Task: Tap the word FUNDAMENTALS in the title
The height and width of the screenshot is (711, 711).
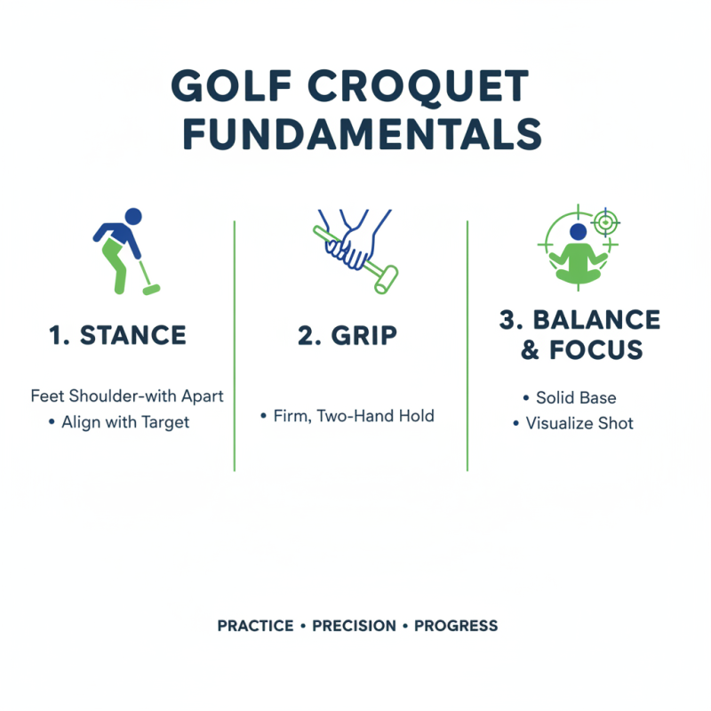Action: [x=355, y=133]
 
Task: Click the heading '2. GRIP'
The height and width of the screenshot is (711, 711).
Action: [x=348, y=335]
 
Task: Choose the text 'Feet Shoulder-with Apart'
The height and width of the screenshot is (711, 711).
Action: [x=127, y=395]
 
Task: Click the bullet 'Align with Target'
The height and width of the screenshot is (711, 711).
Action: [x=125, y=422]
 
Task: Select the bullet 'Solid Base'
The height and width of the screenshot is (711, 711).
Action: [x=576, y=397]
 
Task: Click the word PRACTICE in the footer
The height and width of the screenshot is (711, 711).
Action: [x=255, y=626]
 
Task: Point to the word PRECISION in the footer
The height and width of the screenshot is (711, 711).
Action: [x=354, y=626]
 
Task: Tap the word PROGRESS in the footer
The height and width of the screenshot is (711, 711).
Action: [x=456, y=626]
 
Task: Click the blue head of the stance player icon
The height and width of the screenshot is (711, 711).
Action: [x=133, y=216]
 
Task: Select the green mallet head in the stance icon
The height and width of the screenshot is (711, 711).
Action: [x=151, y=289]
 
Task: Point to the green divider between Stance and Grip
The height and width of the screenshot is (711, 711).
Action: [x=234, y=347]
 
